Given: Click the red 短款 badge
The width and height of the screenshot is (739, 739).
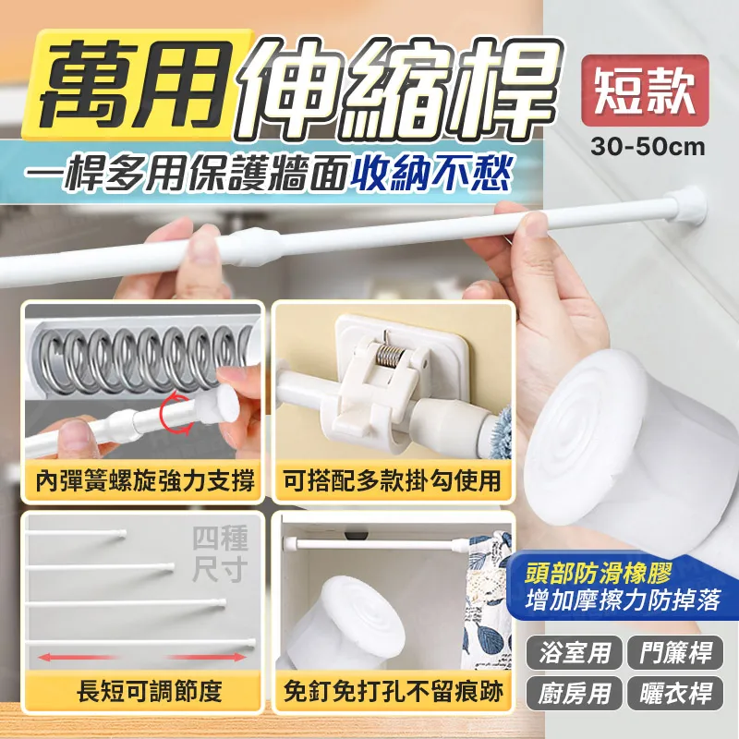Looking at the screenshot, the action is [x=645, y=91].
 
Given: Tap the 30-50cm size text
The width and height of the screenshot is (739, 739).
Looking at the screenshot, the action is [x=648, y=147].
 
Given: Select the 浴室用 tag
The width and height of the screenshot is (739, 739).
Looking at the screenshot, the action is [x=575, y=652].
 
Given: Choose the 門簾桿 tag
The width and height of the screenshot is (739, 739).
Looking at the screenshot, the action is [x=675, y=652].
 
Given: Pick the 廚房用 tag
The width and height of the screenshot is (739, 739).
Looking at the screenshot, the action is [x=575, y=693].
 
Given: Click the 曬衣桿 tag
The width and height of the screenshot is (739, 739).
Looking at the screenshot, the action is [x=675, y=693].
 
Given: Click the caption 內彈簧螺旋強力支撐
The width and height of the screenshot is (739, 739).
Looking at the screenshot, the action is [x=145, y=481].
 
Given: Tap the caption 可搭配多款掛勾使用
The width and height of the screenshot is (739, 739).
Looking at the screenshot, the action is [x=392, y=481].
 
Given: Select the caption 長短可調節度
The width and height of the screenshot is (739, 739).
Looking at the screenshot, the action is [x=150, y=692].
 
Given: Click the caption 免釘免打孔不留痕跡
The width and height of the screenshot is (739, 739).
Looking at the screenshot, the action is [x=394, y=692].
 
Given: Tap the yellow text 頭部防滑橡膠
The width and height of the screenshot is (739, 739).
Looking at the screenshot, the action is [x=599, y=575].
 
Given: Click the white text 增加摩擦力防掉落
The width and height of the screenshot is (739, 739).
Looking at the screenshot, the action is [x=623, y=601].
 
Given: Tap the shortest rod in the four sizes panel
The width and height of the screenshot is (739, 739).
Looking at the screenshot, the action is [x=76, y=533].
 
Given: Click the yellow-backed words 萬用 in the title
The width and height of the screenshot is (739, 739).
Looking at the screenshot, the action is [x=137, y=84].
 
